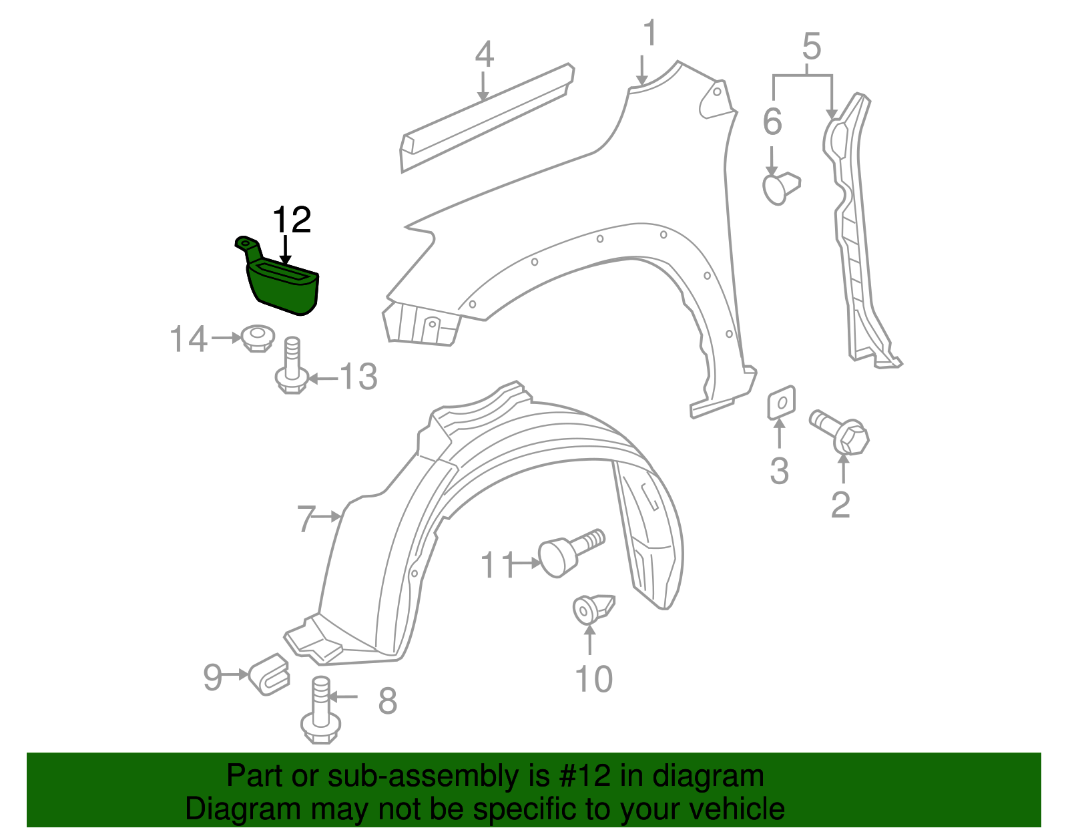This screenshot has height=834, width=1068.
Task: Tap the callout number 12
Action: [292, 220]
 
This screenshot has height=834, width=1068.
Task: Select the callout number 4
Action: [484, 55]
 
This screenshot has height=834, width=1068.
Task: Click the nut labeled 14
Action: [258, 338]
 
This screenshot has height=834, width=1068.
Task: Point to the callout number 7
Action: [306, 519]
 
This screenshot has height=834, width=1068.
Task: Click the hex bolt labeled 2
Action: [842, 431]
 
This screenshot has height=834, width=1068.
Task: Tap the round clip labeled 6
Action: [780, 186]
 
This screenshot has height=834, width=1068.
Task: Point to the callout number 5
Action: [811, 47]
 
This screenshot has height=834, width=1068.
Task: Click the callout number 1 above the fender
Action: [649, 33]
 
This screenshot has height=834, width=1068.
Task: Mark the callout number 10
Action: [593, 679]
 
